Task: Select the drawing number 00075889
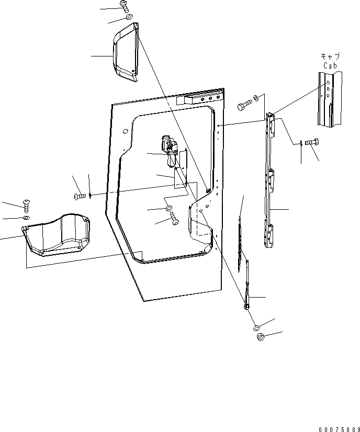click(x=337, y=428)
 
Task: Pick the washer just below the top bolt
click(x=129, y=19)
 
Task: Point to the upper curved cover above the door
click(x=126, y=55)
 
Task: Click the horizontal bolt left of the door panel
click(x=80, y=196)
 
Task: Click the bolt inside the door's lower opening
click(x=174, y=222)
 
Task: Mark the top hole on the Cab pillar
click(x=329, y=82)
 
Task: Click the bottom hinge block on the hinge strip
click(x=272, y=230)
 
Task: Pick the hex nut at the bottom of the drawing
click(x=261, y=337)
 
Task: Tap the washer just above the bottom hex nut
click(x=256, y=327)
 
